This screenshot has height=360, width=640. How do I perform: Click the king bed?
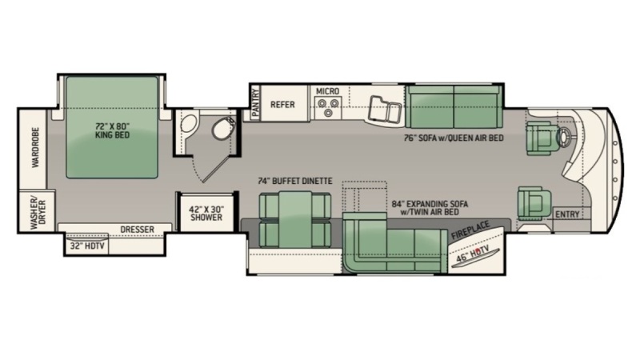[x=112, y=127]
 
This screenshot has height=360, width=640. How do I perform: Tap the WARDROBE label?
[x=35, y=147]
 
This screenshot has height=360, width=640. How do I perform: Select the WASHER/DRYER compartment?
[x=37, y=211]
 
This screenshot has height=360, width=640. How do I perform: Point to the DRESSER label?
[x=137, y=230]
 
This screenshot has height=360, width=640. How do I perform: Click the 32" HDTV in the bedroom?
[x=86, y=246]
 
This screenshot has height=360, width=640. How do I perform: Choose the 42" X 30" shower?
[x=206, y=213]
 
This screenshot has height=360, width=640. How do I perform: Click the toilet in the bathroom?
[x=224, y=128]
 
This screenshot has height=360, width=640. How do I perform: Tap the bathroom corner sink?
[x=189, y=123]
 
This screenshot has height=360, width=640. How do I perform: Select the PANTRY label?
[x=255, y=103]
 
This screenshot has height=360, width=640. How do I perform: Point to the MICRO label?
[x=327, y=91]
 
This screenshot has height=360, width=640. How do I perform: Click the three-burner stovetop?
[x=328, y=107]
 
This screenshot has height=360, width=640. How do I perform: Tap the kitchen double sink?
[x=384, y=109]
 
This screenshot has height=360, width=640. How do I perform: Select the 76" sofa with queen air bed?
[x=454, y=107]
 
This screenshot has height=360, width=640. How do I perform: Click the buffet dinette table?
[x=295, y=219]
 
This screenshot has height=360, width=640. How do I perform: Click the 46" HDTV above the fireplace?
[x=476, y=256]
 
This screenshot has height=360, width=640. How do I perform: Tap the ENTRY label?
[x=567, y=214]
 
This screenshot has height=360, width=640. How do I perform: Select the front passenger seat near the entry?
[x=534, y=203]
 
